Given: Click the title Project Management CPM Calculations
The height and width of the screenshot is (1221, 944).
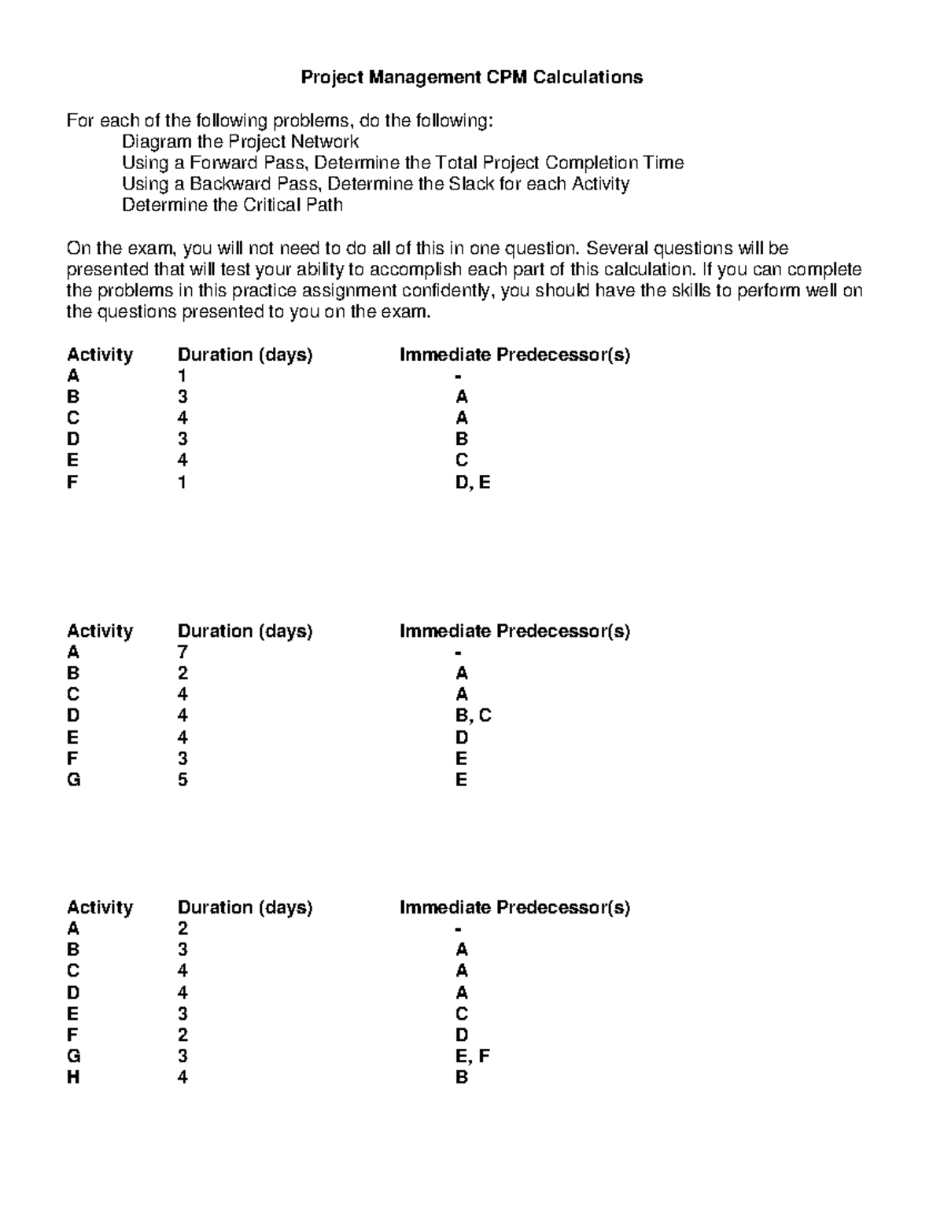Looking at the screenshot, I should [472, 77].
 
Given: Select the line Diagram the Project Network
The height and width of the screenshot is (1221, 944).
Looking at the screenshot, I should [240, 142].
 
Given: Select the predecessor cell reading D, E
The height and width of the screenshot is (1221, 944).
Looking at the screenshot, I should [472, 482].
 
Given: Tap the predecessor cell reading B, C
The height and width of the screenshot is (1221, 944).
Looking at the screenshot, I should [473, 715].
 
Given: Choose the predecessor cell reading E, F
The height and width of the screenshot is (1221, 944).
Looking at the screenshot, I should [472, 1056].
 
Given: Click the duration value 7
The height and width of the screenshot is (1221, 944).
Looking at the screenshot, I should [183, 652].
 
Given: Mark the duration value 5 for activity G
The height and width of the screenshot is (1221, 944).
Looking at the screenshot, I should [183, 780].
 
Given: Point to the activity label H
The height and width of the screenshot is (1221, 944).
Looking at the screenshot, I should [73, 1077].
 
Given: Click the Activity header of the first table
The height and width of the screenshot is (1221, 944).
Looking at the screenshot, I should [100, 355].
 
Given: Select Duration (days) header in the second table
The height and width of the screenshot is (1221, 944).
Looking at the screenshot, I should [245, 631].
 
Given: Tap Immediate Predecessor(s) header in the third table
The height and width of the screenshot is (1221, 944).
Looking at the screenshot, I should [514, 907].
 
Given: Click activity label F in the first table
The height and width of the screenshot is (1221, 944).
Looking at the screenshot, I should [72, 482].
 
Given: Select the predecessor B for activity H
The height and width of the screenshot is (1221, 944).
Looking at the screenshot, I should [461, 1077].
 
